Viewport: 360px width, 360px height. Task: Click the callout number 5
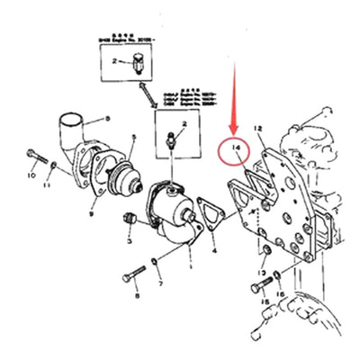pyautogui.click(x=132, y=138)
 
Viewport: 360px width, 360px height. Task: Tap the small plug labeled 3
pyautogui.click(x=130, y=219)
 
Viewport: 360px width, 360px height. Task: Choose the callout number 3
pyautogui.click(x=130, y=243)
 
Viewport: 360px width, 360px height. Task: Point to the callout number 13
pyautogui.click(x=260, y=273)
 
